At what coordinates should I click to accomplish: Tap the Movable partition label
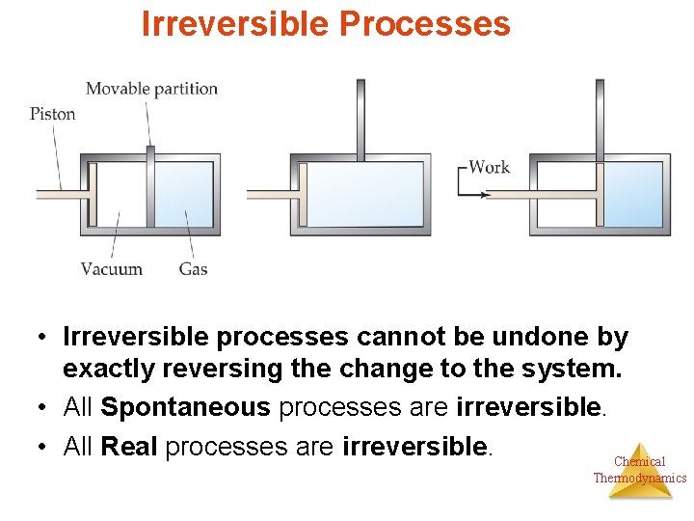point(152,89)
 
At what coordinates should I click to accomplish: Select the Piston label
point(52,114)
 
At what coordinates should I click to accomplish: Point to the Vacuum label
point(112,269)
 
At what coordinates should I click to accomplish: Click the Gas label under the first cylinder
point(193,269)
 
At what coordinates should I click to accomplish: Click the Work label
point(489,167)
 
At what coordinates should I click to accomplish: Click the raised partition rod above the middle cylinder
point(360,116)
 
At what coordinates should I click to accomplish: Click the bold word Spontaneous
point(185,407)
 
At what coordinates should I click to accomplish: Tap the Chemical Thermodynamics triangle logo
point(639,470)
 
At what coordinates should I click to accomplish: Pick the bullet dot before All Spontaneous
point(44,408)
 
